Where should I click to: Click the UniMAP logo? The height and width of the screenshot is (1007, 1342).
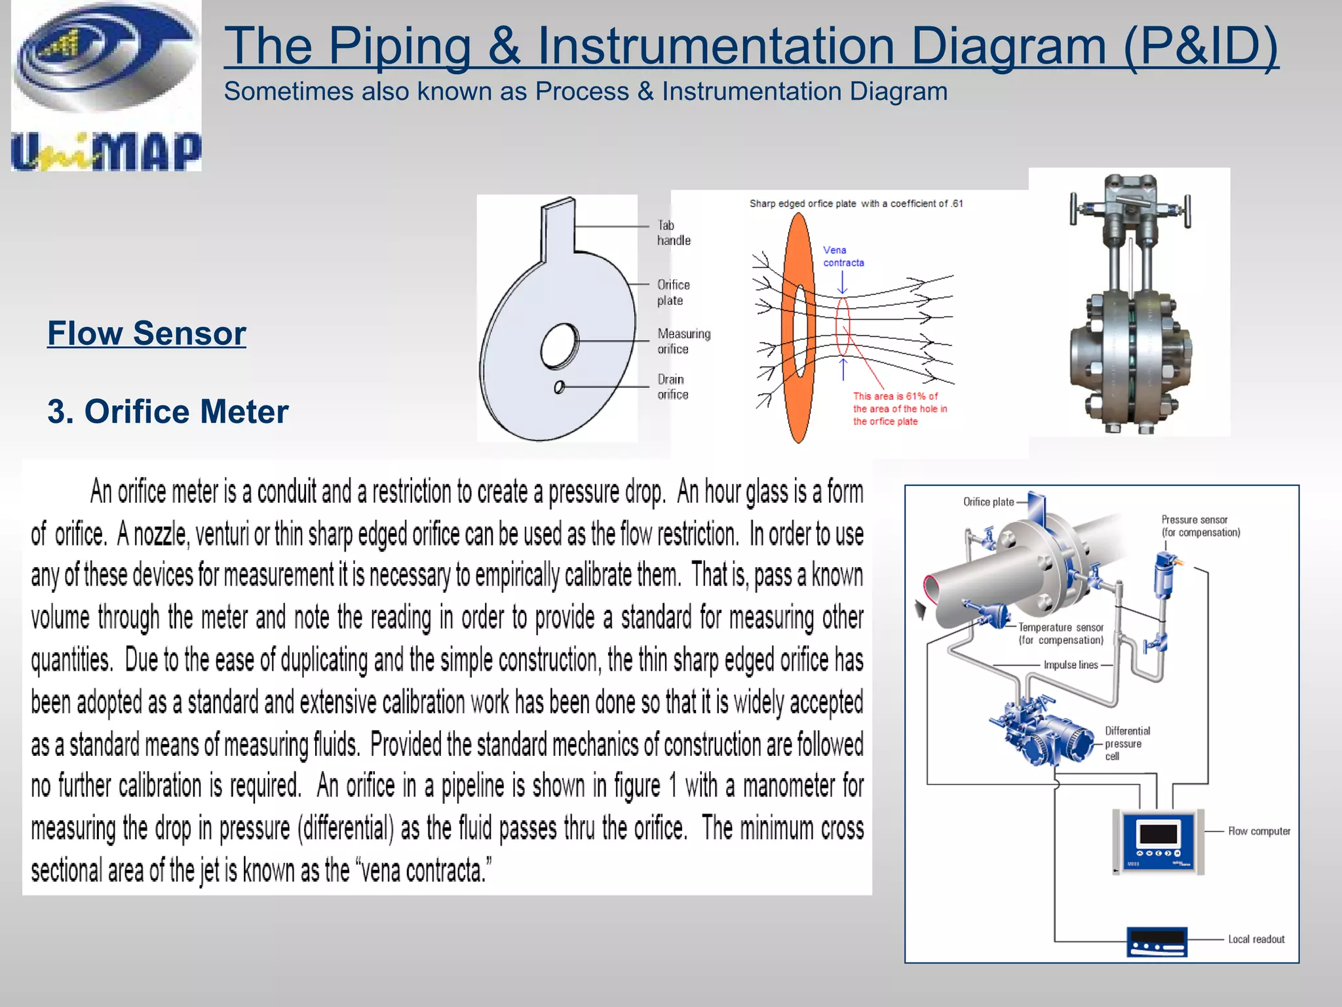click(x=106, y=87)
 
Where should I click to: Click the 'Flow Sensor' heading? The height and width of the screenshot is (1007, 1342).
click(x=147, y=333)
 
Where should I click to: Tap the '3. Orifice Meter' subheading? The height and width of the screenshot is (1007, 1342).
click(x=168, y=412)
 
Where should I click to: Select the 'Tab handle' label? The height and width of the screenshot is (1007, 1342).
click(x=673, y=233)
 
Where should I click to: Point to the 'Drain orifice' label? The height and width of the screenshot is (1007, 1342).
click(x=672, y=387)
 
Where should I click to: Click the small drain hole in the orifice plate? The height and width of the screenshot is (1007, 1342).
click(x=559, y=387)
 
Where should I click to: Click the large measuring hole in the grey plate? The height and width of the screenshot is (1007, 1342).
click(x=559, y=346)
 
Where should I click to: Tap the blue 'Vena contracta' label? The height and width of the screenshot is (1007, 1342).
click(x=843, y=256)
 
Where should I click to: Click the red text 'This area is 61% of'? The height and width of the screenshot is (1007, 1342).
click(x=895, y=396)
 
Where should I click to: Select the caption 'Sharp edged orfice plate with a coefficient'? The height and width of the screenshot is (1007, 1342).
click(x=856, y=204)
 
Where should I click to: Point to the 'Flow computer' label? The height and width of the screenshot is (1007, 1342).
click(x=1259, y=831)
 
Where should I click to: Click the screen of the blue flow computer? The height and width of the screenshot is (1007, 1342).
click(x=1158, y=834)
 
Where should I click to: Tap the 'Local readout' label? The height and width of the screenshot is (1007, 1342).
click(x=1256, y=939)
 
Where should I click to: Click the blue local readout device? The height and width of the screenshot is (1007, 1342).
click(x=1157, y=942)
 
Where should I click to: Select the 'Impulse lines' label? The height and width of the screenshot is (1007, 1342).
click(x=1070, y=665)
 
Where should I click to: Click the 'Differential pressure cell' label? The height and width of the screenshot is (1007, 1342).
click(x=1127, y=743)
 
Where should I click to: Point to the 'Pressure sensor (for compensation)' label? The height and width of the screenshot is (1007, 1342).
click(x=1200, y=526)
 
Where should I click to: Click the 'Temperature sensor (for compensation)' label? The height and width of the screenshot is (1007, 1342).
click(x=1061, y=634)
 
